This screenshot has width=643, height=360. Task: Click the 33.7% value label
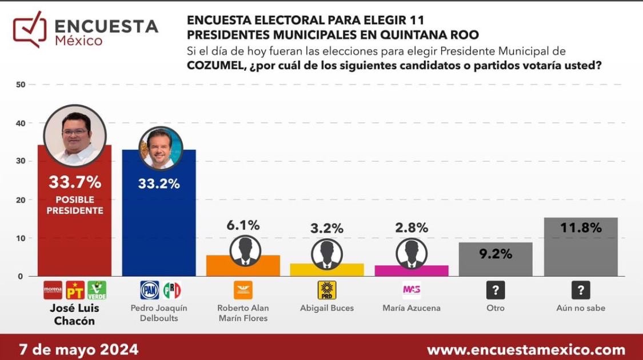[x=75, y=182]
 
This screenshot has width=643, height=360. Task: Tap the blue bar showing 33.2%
[x=159, y=229]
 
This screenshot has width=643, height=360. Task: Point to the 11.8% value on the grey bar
[x=581, y=228]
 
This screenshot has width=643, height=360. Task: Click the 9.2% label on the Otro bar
[x=496, y=254]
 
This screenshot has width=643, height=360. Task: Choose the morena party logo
[x=53, y=290]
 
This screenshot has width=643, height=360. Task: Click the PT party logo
[x=75, y=290]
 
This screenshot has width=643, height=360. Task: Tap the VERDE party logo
[x=97, y=290]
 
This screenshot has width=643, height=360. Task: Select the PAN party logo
[x=150, y=290]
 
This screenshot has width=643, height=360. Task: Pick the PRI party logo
[x=171, y=290]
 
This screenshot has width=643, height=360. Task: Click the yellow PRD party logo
[x=327, y=290]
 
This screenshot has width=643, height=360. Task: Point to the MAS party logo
[x=412, y=290]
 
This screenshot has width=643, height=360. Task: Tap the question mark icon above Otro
[x=496, y=290]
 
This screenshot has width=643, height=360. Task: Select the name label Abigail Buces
[x=327, y=308]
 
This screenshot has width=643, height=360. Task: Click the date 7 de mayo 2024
[x=78, y=349]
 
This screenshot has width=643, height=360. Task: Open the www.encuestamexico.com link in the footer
[x=526, y=350]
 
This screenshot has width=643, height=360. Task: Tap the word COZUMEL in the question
[x=215, y=65]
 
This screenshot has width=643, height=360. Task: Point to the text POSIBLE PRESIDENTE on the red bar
[x=75, y=205]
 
